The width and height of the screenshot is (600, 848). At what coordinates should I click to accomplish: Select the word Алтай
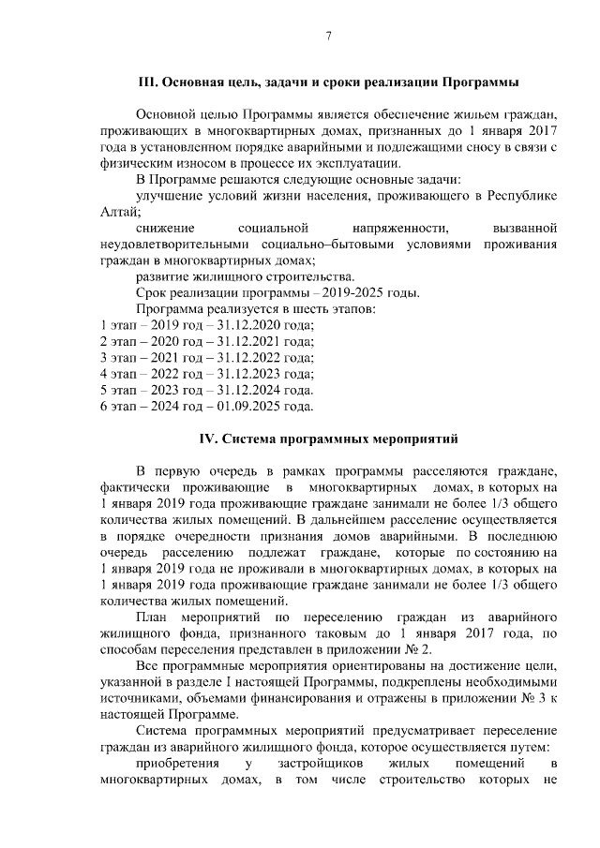117,211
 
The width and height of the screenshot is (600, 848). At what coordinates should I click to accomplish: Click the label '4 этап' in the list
120,374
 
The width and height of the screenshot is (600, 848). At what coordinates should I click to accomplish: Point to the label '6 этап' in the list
120,407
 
